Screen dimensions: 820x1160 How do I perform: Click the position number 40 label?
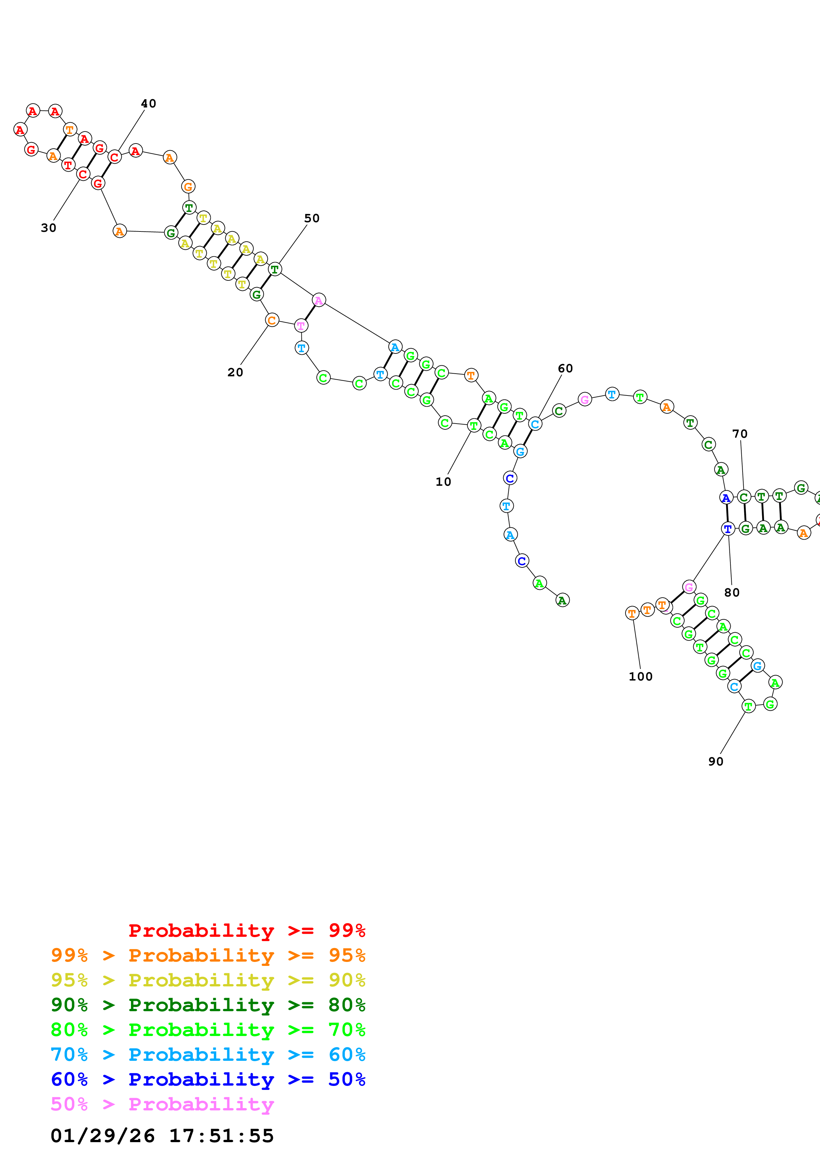pyautogui.click(x=148, y=104)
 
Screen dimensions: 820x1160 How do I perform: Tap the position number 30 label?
pyautogui.click(x=49, y=228)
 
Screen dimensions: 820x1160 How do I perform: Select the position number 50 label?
pyautogui.click(x=312, y=218)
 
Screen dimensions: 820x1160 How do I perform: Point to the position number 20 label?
pyautogui.click(x=235, y=372)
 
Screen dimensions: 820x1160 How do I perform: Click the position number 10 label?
pyautogui.click(x=443, y=482)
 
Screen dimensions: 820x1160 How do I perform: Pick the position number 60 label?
pyautogui.click(x=565, y=368)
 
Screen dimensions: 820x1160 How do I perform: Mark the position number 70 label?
pyautogui.click(x=740, y=434)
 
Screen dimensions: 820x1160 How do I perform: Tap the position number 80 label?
pyautogui.click(x=732, y=593)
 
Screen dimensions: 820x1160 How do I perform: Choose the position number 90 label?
pyautogui.click(x=715, y=762)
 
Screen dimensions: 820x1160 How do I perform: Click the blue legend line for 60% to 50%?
pyautogui.click(x=208, y=1079)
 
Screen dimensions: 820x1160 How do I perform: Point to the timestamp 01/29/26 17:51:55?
pyautogui.click(x=162, y=1136)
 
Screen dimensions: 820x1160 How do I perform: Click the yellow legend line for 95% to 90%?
pyautogui.click(x=208, y=980)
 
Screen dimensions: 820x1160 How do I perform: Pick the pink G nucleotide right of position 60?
pyautogui.click(x=584, y=400)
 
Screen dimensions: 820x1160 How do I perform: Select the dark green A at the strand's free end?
pyautogui.click(x=562, y=600)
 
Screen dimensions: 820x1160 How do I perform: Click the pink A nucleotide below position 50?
pyautogui.click(x=319, y=300)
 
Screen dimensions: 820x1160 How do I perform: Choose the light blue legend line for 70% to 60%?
pyautogui.click(x=208, y=1055)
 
